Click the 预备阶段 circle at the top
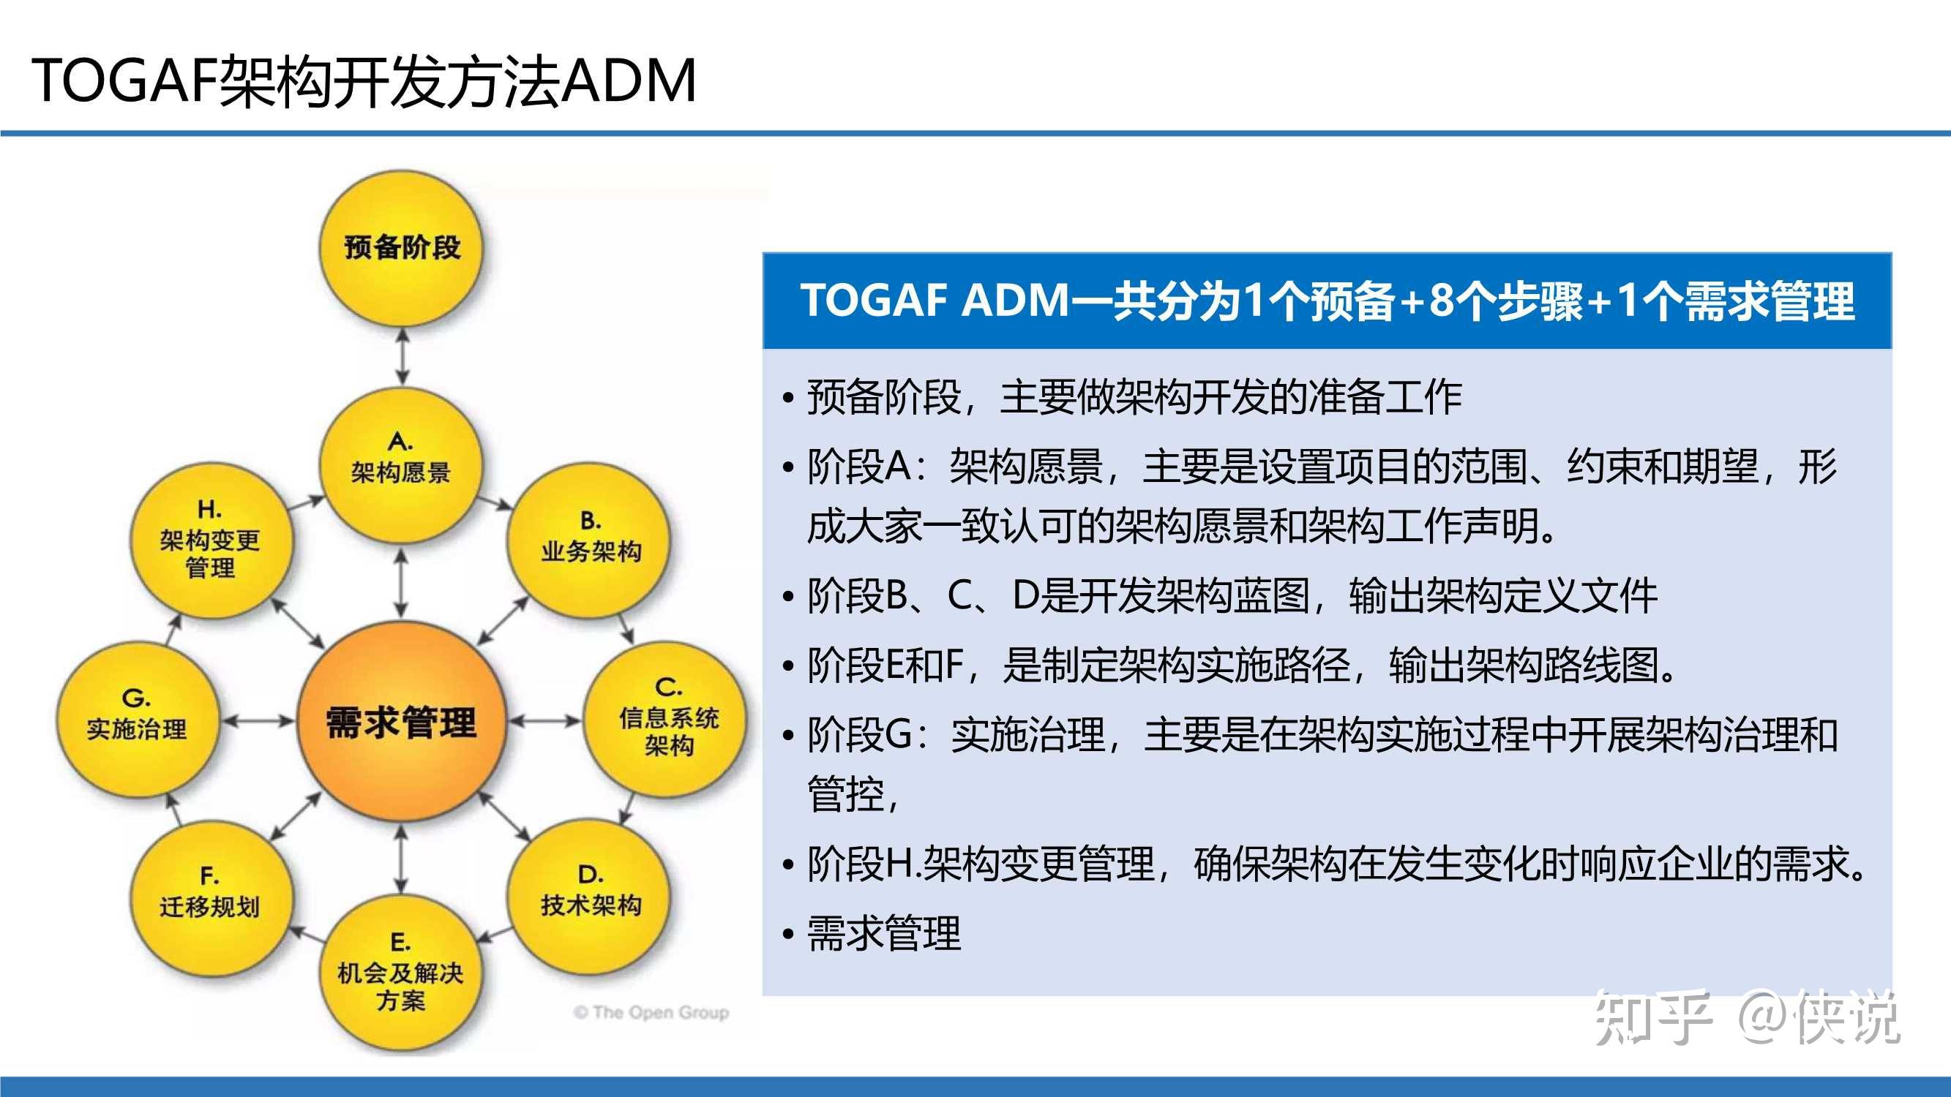[402, 248]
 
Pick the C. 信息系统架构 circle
[667, 719]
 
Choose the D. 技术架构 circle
[590, 895]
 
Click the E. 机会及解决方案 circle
[402, 975]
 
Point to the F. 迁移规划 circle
[211, 897]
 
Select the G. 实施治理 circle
[137, 719]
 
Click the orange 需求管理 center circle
[402, 721]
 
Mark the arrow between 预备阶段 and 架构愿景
[402, 357]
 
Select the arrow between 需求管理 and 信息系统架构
[544, 721]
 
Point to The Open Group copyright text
[651, 1012]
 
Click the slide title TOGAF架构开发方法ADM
[364, 80]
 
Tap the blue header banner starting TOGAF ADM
[1327, 301]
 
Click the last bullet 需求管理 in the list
[883, 933]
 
